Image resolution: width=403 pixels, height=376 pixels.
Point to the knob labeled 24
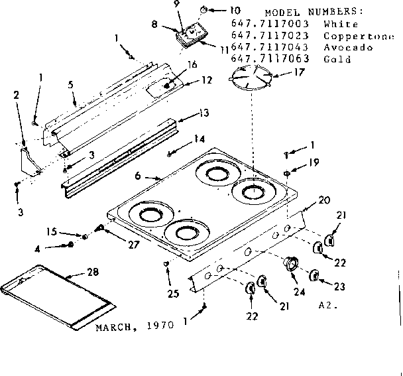point(290,264)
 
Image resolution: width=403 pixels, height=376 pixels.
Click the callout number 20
point(324,199)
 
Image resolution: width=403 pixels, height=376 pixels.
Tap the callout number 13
point(203,113)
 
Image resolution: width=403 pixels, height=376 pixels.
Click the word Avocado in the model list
point(344,48)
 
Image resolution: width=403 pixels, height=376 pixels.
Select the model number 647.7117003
point(270,25)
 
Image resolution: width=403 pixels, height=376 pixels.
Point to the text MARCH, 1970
point(134,326)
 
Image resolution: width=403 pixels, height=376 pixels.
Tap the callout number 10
point(217,10)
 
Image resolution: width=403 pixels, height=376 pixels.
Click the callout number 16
point(193,64)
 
